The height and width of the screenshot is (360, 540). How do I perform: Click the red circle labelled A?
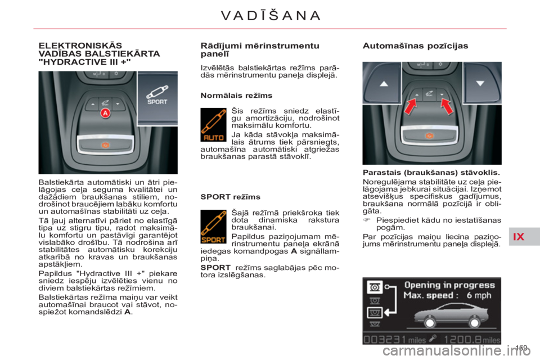pos(104,114)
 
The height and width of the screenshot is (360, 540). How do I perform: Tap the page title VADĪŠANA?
pos(271,15)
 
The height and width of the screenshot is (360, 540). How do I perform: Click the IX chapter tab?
pos(519,236)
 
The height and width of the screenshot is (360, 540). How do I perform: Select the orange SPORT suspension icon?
pos(214,227)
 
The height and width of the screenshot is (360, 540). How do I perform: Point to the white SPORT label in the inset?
pos(157,102)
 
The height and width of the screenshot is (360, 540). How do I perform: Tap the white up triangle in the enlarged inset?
pos(384,83)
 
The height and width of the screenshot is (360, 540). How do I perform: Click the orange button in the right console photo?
pos(430,136)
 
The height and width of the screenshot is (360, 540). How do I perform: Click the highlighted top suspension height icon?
pos(373,289)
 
